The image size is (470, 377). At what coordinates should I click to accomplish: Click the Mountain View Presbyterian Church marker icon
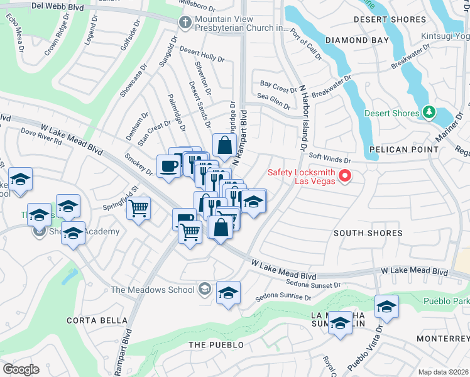pos(185,22)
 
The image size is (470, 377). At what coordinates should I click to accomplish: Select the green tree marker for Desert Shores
pos(429,112)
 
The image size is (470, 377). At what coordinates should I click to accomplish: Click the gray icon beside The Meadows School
pos(204,289)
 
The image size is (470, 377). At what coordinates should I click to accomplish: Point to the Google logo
pos(20,369)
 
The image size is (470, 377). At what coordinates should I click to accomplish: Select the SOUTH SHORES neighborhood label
pos(368,233)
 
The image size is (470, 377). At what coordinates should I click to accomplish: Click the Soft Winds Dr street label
pos(329,158)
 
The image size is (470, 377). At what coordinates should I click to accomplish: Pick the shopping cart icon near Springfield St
pos(139,207)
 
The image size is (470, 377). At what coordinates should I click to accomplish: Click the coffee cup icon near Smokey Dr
pos(168,166)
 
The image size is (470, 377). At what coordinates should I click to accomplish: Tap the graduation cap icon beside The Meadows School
pos(228,293)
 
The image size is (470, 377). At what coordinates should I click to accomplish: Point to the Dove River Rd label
pos(41,137)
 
